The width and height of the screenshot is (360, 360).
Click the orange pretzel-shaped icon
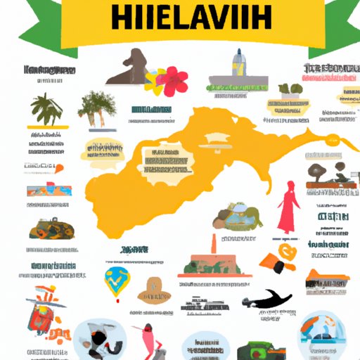288,253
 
